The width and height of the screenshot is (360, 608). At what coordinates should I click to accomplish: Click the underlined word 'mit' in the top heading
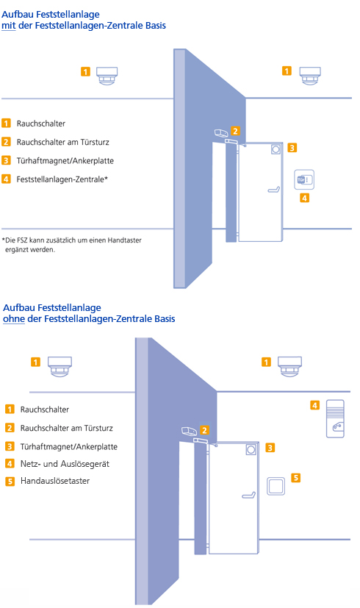[x=9, y=26]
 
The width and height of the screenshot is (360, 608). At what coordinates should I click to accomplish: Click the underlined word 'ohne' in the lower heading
[x=14, y=319]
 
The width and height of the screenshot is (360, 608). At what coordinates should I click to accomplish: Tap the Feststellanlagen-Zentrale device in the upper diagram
[x=304, y=179]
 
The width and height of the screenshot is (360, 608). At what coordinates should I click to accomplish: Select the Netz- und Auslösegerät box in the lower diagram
[x=335, y=419]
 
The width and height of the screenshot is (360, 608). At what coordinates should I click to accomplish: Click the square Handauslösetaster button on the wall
[x=276, y=486]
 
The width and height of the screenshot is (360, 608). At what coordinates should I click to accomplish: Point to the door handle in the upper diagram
[x=274, y=189]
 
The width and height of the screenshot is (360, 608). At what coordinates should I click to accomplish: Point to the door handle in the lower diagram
[x=249, y=495]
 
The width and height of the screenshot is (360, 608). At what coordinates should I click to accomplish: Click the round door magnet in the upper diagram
[x=276, y=149]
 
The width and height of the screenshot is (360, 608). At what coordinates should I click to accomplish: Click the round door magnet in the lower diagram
[x=251, y=449]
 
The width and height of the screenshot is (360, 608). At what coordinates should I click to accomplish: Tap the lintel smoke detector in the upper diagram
[x=221, y=132]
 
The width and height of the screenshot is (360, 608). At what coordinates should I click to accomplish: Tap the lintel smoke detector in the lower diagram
[x=190, y=431]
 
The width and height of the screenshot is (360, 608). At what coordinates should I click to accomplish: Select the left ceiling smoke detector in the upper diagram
[x=107, y=76]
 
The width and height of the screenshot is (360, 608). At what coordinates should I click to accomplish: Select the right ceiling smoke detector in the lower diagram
[x=291, y=366]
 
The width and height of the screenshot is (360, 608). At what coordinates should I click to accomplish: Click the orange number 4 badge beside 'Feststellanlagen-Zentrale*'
[x=6, y=179]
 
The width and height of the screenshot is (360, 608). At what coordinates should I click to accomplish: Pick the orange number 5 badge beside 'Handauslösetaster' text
[x=10, y=482]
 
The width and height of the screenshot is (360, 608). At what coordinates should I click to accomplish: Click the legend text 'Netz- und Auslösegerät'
[x=65, y=464]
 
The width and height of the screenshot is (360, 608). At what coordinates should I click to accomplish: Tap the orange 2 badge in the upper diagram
[x=235, y=131]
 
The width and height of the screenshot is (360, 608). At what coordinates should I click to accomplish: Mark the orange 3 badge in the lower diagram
[x=270, y=448]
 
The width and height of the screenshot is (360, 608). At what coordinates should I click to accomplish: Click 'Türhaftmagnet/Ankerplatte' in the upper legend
[x=65, y=161]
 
